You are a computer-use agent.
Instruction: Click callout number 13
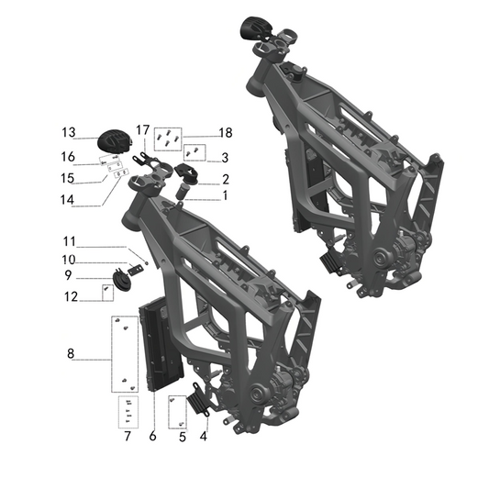(x=69, y=130)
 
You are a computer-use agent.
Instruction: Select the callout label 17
(x=142, y=128)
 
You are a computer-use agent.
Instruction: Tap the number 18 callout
(x=225, y=133)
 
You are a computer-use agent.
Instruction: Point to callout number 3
(x=224, y=158)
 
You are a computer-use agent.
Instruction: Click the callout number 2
(x=224, y=179)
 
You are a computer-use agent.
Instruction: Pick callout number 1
(x=224, y=195)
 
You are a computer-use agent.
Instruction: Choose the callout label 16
(x=69, y=156)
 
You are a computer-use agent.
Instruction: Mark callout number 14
(x=69, y=196)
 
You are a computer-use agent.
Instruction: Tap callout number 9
(x=69, y=274)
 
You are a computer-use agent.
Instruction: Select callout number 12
(x=69, y=295)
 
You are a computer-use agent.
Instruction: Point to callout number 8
(x=69, y=353)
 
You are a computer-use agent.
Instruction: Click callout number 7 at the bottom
(x=128, y=436)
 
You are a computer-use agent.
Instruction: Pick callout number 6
(x=152, y=436)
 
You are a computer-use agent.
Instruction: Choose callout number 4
(x=204, y=436)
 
